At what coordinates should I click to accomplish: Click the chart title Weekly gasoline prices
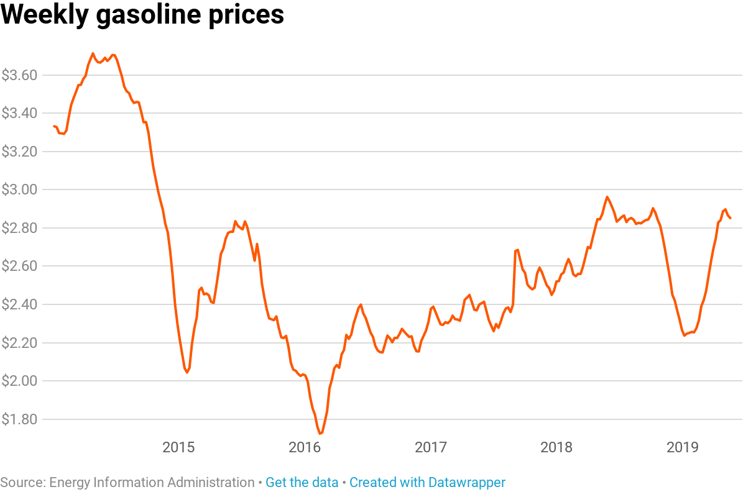[x=142, y=15]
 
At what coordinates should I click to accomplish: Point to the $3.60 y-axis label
[x=20, y=75]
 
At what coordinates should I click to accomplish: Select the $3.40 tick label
[x=20, y=113]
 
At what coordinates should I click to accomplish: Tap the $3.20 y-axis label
[x=20, y=152]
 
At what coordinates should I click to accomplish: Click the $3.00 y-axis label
[x=20, y=189]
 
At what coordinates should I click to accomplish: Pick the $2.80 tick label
[x=20, y=228]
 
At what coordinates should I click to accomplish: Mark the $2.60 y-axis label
[x=20, y=266]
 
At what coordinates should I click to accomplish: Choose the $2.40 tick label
[x=20, y=304]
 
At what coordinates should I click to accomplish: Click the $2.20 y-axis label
[x=20, y=343]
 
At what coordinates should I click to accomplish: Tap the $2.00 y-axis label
[x=20, y=381]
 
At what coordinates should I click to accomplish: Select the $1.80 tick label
[x=20, y=419]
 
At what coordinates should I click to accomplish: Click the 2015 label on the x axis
[x=178, y=447]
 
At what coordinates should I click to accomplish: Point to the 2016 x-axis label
[x=305, y=447]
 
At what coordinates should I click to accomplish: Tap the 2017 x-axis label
[x=431, y=447]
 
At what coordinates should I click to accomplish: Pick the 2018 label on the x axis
[x=557, y=447]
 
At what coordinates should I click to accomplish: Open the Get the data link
[x=302, y=483]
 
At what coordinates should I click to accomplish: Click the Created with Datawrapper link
[x=427, y=483]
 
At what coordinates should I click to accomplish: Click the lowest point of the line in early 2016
[x=320, y=433]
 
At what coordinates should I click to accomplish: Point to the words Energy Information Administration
[x=152, y=483]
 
